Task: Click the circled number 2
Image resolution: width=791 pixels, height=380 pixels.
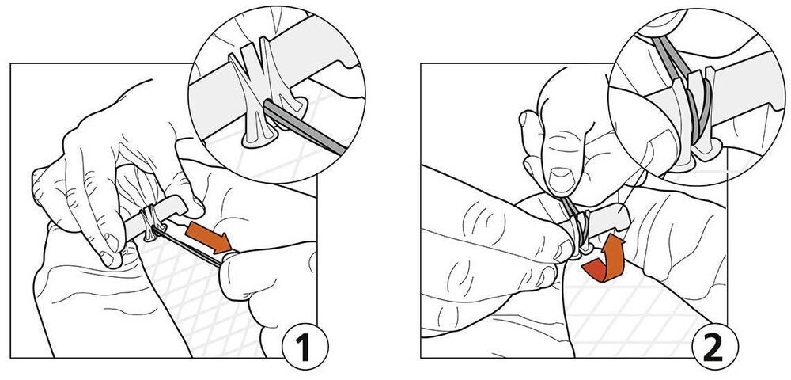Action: point(713,348)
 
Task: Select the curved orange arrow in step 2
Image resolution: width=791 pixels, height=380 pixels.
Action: point(604,262)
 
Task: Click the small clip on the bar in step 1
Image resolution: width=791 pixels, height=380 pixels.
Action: point(150,222)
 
